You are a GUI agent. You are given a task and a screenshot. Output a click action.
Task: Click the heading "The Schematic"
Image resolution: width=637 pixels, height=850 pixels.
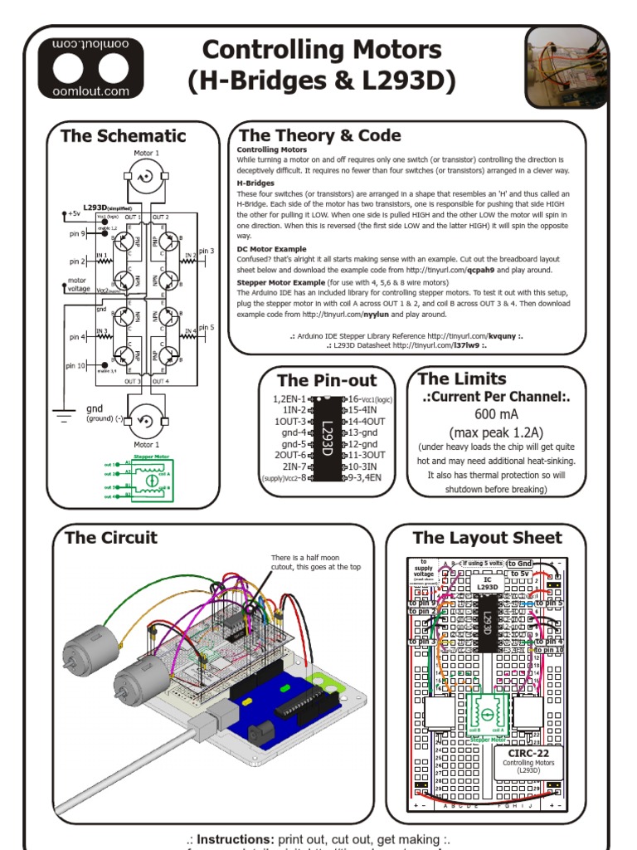coord(124,135)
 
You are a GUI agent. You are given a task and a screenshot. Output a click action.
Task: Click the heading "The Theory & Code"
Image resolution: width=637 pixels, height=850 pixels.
coord(319,135)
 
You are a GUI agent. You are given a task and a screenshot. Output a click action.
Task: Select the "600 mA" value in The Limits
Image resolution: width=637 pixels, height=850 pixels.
coord(497,414)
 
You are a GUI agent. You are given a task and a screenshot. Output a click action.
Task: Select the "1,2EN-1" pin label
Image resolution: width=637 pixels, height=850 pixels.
coord(289,399)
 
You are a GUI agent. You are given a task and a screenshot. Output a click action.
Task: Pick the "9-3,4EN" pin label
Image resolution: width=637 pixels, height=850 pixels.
coord(366,477)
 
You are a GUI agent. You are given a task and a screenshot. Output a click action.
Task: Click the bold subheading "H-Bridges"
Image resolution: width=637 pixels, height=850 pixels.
coord(255,183)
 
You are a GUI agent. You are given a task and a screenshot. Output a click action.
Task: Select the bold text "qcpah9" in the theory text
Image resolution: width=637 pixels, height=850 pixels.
coord(461,270)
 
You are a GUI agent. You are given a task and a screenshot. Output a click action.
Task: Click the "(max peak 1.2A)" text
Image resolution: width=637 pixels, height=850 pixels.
coord(496,432)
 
